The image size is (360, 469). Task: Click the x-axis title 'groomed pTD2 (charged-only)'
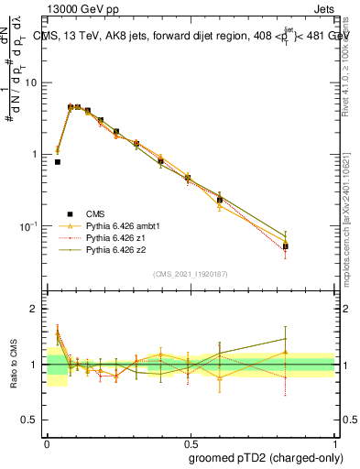coord(265,457)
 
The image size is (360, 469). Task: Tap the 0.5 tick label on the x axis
coord(190,442)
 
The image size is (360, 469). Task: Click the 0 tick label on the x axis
coord(47,442)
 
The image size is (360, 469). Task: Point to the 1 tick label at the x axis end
coord(333,442)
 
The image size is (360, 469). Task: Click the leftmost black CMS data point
coord(57,162)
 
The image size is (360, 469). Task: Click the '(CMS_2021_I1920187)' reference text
coord(190,274)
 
